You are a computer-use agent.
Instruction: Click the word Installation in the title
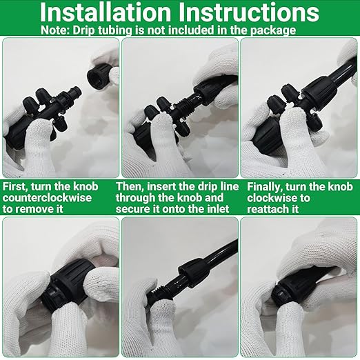pos(105,12)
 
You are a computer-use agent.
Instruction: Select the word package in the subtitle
pos(273,31)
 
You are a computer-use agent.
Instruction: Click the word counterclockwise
pos(47,198)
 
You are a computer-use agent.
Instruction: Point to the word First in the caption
pos(15,187)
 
